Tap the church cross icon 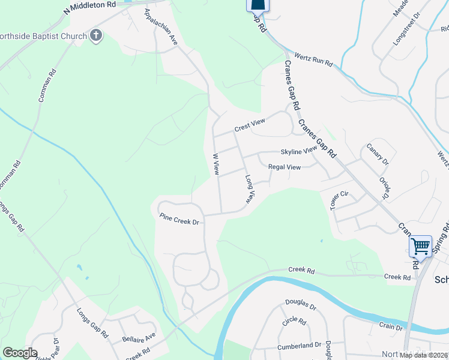point(96,36)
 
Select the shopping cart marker point(420,245)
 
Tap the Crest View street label point(249,124)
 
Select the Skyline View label point(298,151)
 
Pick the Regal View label point(285,167)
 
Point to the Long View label point(250,188)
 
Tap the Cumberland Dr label point(300,346)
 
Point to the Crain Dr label point(391,327)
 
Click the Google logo point(20,353)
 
